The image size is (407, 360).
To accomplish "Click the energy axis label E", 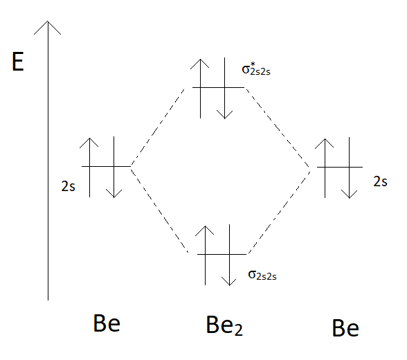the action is (x=18, y=61).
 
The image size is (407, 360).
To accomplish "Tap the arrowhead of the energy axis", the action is (x=48, y=21).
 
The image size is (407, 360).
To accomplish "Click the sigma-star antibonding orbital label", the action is (x=256, y=69).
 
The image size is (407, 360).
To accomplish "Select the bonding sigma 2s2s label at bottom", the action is (x=262, y=275).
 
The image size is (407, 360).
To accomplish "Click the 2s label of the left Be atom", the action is (x=68, y=186).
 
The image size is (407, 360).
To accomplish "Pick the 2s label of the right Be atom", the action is (x=380, y=181).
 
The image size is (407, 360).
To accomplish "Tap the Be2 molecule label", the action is (x=224, y=325).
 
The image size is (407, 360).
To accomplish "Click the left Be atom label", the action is (x=107, y=323).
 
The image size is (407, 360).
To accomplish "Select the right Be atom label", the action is (x=345, y=328).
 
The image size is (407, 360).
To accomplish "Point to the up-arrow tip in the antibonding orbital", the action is (x=200, y=60).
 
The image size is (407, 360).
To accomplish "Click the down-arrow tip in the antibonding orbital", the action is (x=224, y=118).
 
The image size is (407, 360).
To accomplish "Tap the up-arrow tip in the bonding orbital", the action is (x=205, y=226).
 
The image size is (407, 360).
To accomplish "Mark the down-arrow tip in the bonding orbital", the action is (x=229, y=285).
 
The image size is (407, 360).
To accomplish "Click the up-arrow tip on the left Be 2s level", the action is (x=89, y=138).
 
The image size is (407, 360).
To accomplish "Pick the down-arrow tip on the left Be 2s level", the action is (x=114, y=197).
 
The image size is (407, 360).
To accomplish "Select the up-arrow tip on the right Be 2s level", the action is (x=325, y=139).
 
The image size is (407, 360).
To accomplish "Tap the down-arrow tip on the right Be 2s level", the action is (x=349, y=198).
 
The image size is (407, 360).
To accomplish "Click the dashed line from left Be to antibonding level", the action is (x=158, y=127).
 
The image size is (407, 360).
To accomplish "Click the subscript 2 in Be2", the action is (x=239, y=330).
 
